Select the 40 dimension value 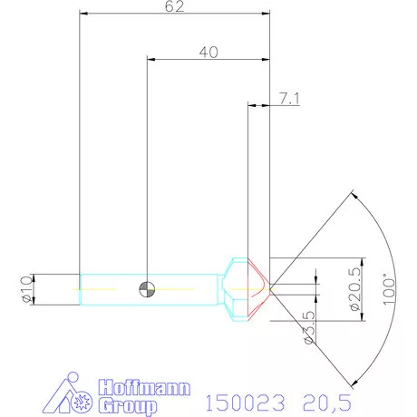click(208, 52)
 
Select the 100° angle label click(391, 288)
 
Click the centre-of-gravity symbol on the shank click(146, 289)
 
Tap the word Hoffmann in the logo click(144, 387)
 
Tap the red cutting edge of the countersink click(259, 288)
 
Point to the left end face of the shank click(81, 289)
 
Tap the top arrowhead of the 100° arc click(351, 194)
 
